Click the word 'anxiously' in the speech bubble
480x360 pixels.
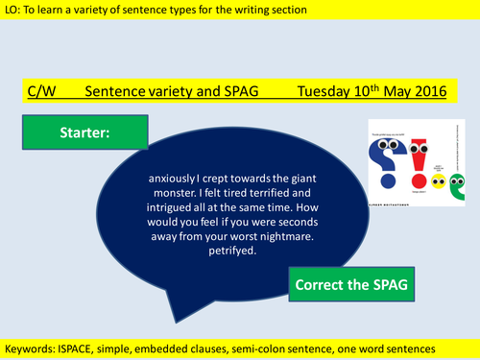click(x=177, y=177)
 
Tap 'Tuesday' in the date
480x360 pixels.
click(x=325, y=92)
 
